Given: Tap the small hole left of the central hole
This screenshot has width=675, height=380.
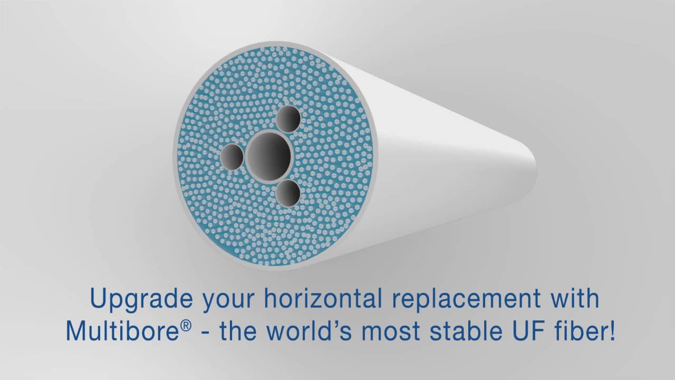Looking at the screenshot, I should coord(232,157).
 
